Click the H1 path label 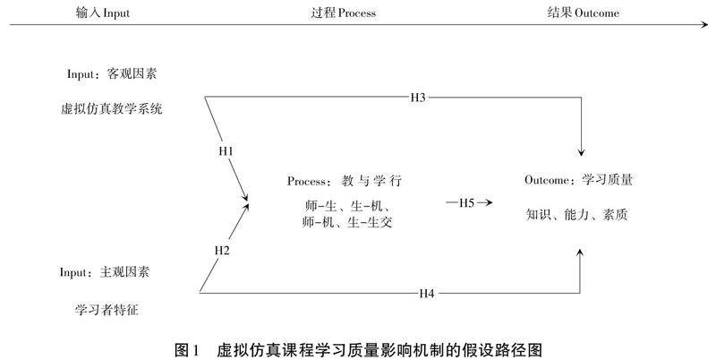(x=226, y=152)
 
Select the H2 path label (x=222, y=250)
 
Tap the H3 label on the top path (x=418, y=97)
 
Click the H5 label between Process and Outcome (x=466, y=202)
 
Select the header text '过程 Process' (x=343, y=13)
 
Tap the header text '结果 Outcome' (x=583, y=13)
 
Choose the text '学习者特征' (x=108, y=310)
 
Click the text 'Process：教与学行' (x=345, y=181)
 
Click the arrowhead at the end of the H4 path (x=584, y=255)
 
